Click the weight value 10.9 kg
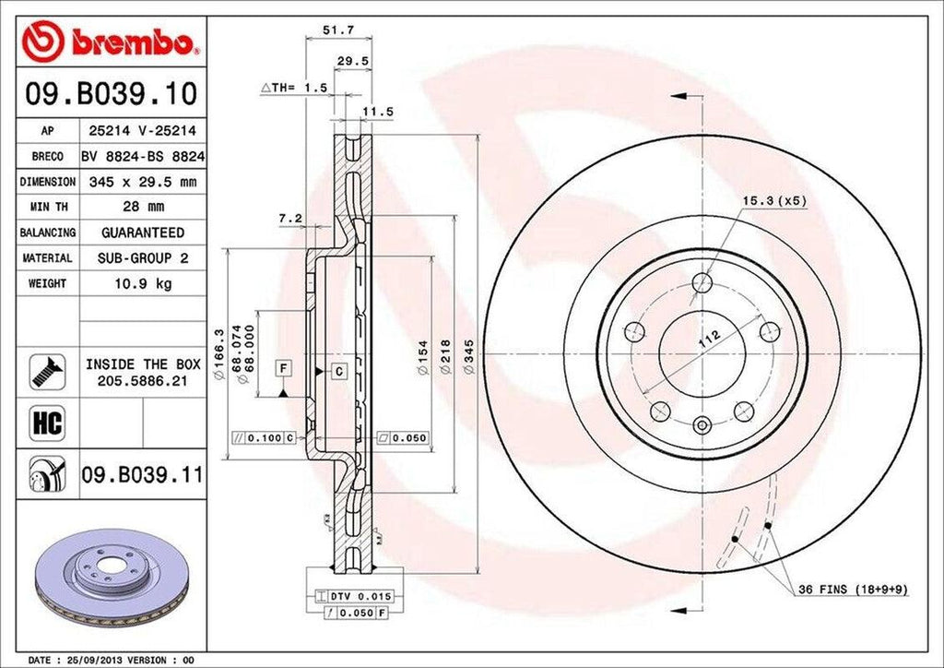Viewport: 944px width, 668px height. click(x=142, y=283)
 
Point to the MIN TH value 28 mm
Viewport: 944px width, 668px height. click(x=142, y=208)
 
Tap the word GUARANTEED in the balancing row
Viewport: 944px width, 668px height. click(x=142, y=233)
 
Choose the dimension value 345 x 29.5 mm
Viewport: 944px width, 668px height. click(x=142, y=183)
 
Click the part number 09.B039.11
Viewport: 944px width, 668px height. click(x=142, y=476)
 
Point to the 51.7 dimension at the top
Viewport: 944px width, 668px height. click(x=334, y=30)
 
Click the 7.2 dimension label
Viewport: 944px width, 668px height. click(x=290, y=218)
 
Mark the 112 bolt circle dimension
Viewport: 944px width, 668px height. click(x=708, y=338)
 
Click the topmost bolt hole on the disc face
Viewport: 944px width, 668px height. click(x=702, y=282)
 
